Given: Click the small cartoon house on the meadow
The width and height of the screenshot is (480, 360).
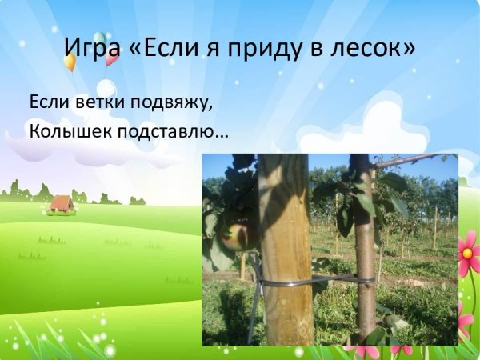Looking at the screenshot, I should click(x=61, y=204).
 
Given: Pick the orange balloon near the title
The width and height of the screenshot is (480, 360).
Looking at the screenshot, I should click(x=70, y=60).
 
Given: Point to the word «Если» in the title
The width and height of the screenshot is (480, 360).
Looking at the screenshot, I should click(x=164, y=49).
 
